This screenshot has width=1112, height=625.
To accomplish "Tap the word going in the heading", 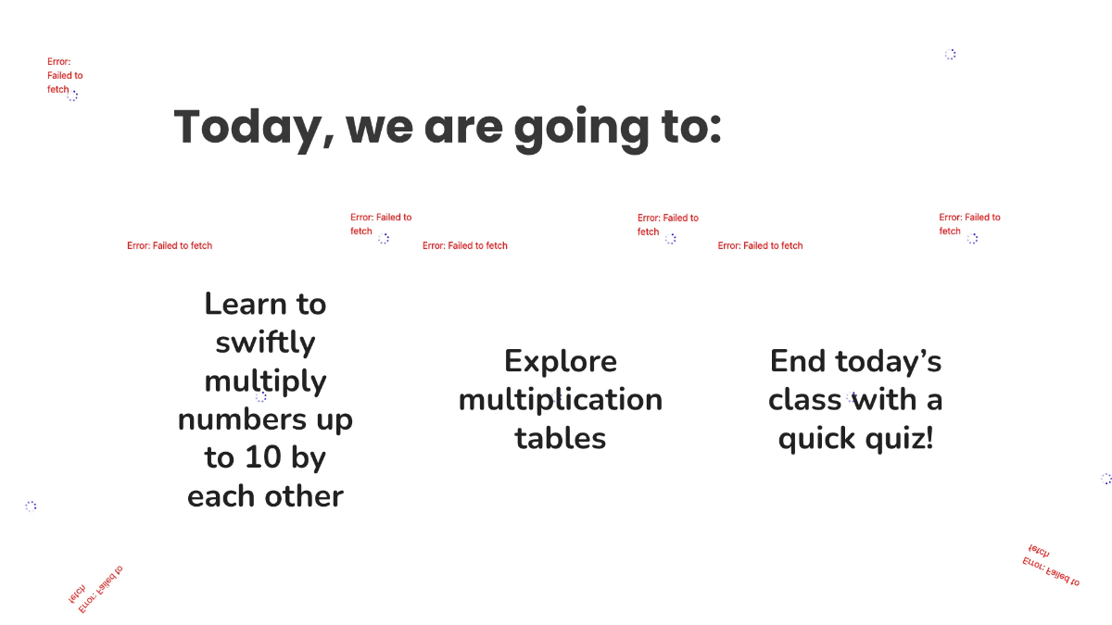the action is pos(581,129).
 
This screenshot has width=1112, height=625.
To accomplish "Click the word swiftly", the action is pos(265,343).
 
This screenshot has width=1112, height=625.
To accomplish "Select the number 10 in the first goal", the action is pos(263,456).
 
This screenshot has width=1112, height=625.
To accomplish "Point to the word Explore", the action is pos(561,362).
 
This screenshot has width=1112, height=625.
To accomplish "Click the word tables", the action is pos(561,438).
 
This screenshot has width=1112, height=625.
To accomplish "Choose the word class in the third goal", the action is pos(804,400).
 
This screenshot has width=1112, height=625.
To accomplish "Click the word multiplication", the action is pos(561,400).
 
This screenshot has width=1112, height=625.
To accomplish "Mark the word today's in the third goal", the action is pos(889,361).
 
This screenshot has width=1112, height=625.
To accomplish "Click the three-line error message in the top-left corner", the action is pos(65,75).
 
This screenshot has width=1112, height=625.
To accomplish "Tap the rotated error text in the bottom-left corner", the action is pos(95,589).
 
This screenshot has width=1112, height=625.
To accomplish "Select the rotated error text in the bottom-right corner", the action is pos(1051,566).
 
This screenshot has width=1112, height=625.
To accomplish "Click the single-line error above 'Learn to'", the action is pos(170,245).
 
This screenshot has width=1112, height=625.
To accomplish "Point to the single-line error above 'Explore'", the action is pos(464,245).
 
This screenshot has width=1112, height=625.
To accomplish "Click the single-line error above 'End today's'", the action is pos(760,245).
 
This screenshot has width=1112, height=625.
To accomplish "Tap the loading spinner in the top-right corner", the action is pos(950,55).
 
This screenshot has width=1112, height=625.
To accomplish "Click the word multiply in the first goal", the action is pos(265,381).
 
